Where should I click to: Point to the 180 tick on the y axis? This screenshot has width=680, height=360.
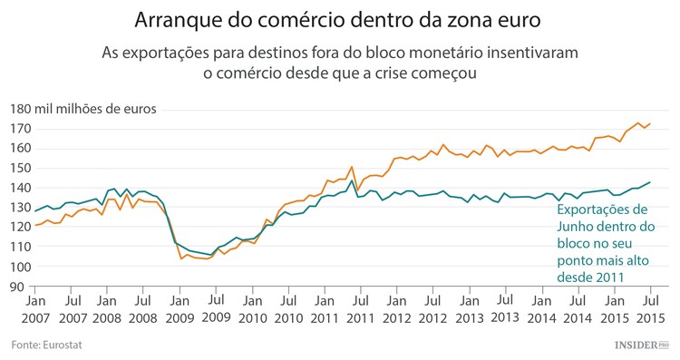click(20, 109)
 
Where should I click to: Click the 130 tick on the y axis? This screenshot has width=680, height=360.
click(20, 208)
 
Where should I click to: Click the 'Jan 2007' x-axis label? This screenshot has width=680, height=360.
click(36, 307)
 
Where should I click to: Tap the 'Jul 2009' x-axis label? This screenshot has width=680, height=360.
click(215, 307)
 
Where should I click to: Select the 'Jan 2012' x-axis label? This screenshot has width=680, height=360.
click(395, 307)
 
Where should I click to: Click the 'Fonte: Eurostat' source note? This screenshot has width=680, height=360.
click(45, 345)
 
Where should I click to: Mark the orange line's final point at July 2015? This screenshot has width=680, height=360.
click(650, 123)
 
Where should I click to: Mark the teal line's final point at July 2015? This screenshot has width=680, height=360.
click(650, 182)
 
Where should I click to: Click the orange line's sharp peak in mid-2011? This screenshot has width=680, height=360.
click(352, 167)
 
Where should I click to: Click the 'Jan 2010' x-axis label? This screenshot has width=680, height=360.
click(251, 307)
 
